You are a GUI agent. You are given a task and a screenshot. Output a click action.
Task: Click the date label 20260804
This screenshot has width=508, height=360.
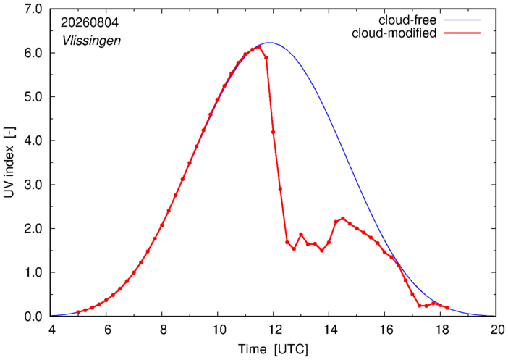coord(90,22)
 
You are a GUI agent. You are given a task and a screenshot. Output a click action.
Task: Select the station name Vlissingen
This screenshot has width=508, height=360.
coord(91,41)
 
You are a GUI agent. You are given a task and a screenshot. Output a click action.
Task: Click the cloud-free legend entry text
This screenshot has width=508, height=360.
coord(407,20)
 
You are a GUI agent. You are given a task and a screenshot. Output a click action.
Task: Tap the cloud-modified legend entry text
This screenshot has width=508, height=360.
coord(394,33)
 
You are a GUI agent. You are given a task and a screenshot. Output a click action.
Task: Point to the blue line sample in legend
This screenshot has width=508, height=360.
coord(462,20)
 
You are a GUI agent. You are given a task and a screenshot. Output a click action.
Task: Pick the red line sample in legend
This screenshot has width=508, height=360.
coord(462,33)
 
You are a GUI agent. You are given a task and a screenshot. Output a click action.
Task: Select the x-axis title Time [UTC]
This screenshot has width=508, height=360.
coord(273,350)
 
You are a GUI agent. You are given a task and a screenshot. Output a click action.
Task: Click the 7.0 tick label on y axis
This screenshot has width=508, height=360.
coord(33,9)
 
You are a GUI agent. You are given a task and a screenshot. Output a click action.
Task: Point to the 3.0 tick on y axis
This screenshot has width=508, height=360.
coord(33,185)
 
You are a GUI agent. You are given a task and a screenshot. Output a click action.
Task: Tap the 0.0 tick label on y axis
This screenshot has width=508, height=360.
coord(33,317)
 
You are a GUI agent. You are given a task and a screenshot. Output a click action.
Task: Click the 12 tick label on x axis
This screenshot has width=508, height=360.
coord(273,330)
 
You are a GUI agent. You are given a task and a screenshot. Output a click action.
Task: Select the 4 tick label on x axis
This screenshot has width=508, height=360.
coord(51,330)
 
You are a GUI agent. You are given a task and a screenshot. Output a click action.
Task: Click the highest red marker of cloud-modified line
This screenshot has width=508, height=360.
coord(259,47)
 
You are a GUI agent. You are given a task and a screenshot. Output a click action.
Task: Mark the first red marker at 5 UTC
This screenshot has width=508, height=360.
coord(78,312)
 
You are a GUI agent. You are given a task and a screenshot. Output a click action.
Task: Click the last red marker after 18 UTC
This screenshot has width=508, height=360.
coord(447,308)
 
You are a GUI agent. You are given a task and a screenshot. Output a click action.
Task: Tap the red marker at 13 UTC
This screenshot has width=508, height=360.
coord(301,234)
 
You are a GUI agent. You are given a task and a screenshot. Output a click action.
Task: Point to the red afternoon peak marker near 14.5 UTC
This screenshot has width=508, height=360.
coord(343,219)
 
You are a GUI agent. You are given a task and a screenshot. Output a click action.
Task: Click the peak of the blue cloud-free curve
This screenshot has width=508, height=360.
coord(269,43)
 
